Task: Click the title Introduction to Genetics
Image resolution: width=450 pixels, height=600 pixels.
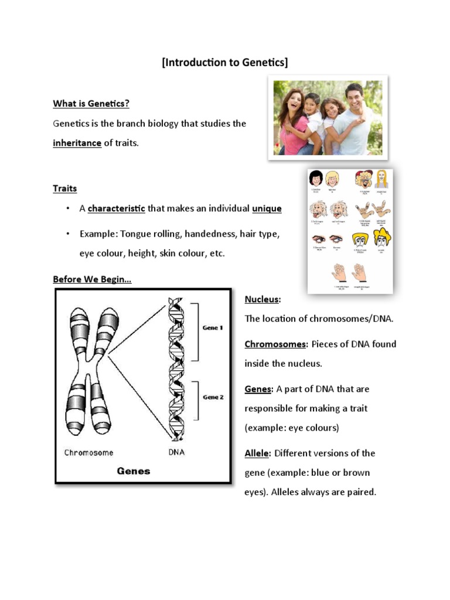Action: (x=225, y=63)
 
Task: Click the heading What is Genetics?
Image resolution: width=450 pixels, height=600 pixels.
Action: (x=91, y=104)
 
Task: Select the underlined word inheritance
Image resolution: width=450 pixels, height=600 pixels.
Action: (x=77, y=143)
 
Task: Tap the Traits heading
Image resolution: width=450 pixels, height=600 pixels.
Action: (x=64, y=189)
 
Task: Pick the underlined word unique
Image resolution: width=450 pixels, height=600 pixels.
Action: (x=267, y=209)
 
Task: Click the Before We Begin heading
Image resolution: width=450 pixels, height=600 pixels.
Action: (x=92, y=279)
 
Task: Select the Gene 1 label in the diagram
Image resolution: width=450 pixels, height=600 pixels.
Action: (x=213, y=328)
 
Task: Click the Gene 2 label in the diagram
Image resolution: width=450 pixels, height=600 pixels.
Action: (x=213, y=397)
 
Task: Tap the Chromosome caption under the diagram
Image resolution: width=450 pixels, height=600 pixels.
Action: (x=88, y=452)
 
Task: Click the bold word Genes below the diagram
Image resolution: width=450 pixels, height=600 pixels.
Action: (x=134, y=471)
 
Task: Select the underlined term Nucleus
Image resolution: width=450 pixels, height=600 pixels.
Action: (x=261, y=299)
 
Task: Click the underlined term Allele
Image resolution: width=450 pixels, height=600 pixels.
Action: (x=257, y=453)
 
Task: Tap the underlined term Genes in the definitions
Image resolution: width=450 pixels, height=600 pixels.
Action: (x=258, y=389)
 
